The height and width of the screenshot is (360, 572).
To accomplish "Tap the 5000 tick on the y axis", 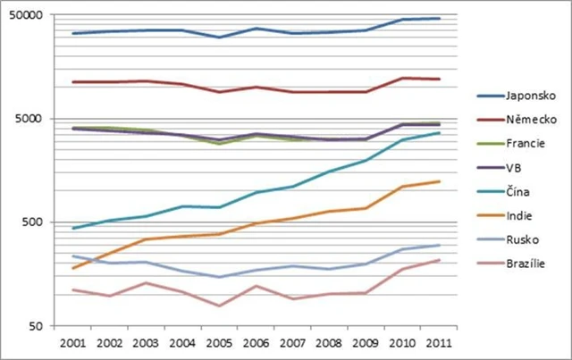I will pos(29,119).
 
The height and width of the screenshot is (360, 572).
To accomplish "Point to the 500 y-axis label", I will pos(31,222).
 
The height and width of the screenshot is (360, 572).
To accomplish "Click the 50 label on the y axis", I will pos(35,326).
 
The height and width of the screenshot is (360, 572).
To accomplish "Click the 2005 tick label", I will pos(218,343).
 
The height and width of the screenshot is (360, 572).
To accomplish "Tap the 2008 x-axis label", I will pos(329,343).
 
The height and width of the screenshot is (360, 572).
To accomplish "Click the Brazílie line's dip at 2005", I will pos(218,306).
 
